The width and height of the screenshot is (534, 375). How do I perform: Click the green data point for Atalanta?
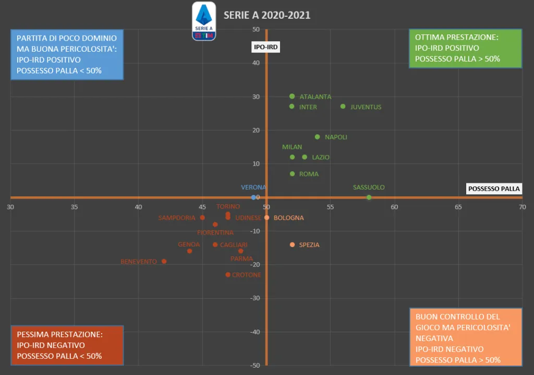292,96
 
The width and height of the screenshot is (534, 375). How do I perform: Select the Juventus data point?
343,107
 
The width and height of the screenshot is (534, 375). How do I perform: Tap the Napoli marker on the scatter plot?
317,137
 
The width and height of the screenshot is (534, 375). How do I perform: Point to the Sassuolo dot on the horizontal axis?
369,197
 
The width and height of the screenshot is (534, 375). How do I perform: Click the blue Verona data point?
253,197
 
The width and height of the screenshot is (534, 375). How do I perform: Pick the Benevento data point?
164,261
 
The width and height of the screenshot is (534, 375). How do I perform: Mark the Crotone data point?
228,275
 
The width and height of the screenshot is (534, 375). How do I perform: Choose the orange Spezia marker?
292,245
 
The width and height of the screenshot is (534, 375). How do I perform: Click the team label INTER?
308,107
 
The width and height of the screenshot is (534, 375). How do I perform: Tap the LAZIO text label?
321,157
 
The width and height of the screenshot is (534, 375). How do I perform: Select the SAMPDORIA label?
177,218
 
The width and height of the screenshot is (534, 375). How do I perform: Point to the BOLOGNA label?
288,218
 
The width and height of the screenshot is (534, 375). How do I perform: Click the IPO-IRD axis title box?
266,47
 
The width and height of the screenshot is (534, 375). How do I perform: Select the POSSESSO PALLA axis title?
494,189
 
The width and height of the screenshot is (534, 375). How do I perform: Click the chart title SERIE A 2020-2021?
267,15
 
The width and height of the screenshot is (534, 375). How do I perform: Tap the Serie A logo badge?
204,21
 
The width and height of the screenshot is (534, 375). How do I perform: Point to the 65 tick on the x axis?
458,207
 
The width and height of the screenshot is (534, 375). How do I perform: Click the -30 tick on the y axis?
256,298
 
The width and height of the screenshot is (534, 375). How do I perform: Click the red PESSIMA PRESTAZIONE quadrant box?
67,345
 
